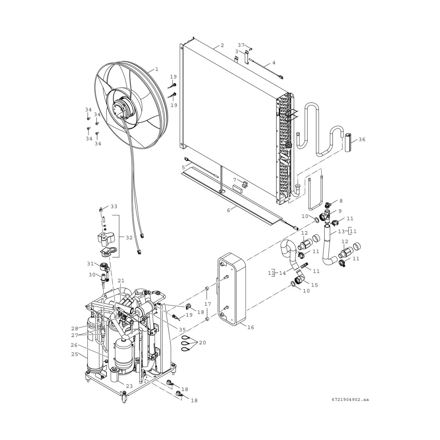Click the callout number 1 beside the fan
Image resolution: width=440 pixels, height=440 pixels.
click(x=157, y=69)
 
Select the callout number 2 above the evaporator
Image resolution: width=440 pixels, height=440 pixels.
click(x=222, y=45)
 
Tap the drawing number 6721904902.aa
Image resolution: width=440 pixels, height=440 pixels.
click(x=351, y=399)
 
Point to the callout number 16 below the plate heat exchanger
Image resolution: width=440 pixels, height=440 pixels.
click(x=251, y=327)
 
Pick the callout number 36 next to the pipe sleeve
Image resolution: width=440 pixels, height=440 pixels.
click(x=362, y=139)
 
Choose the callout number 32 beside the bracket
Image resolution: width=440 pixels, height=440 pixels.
click(x=129, y=238)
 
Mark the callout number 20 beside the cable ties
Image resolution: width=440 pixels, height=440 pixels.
click(x=202, y=342)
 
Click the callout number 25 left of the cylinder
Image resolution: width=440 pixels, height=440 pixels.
click(x=75, y=354)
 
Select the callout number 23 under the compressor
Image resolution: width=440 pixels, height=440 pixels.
click(x=129, y=386)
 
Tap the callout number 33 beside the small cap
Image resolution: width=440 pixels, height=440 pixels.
click(x=114, y=207)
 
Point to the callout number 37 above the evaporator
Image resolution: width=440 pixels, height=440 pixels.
click(x=241, y=45)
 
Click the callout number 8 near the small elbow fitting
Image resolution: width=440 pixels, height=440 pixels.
click(x=341, y=201)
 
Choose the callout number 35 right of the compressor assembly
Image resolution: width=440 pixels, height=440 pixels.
click(x=182, y=329)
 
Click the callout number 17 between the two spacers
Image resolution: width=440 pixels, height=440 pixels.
click(x=207, y=304)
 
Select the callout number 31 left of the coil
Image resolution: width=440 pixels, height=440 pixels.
click(x=90, y=264)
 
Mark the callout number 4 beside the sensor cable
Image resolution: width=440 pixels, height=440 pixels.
click(x=274, y=62)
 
